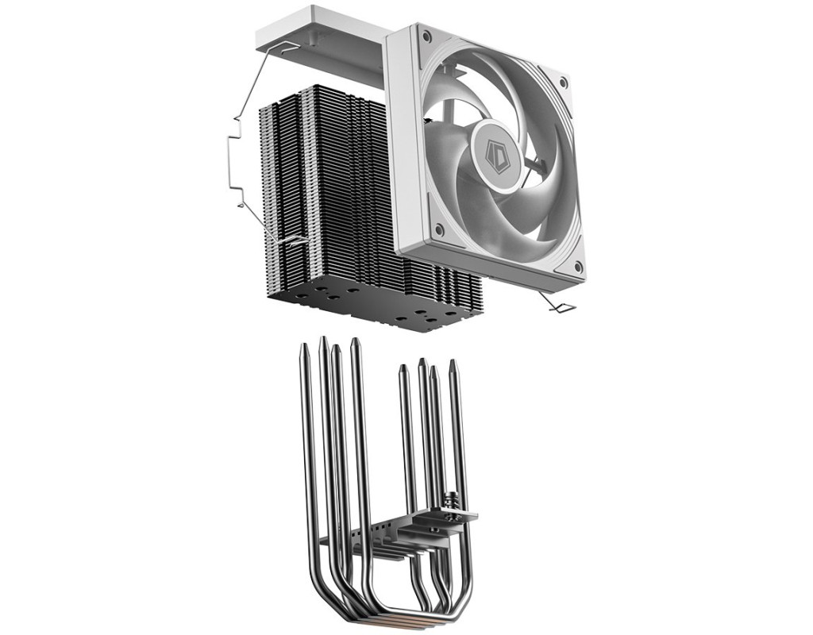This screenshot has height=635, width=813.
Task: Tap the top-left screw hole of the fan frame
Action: click(x=426, y=37)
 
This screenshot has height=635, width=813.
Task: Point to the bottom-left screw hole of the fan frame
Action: click(x=440, y=229)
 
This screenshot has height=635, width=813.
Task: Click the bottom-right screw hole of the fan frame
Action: click(x=578, y=267)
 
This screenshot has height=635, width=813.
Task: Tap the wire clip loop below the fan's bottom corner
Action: click(x=559, y=305)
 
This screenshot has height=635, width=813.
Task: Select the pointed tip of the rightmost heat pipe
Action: click(x=453, y=363)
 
